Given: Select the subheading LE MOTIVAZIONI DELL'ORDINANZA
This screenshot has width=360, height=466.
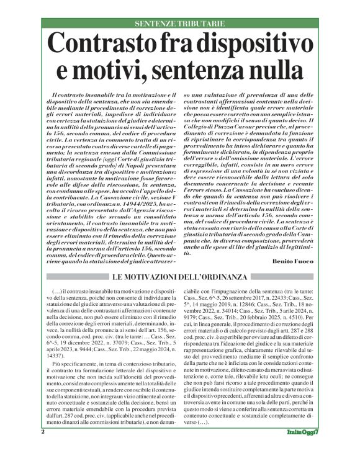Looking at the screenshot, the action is click(x=180, y=276).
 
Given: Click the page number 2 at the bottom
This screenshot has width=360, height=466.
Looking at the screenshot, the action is click(x=61, y=448).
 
